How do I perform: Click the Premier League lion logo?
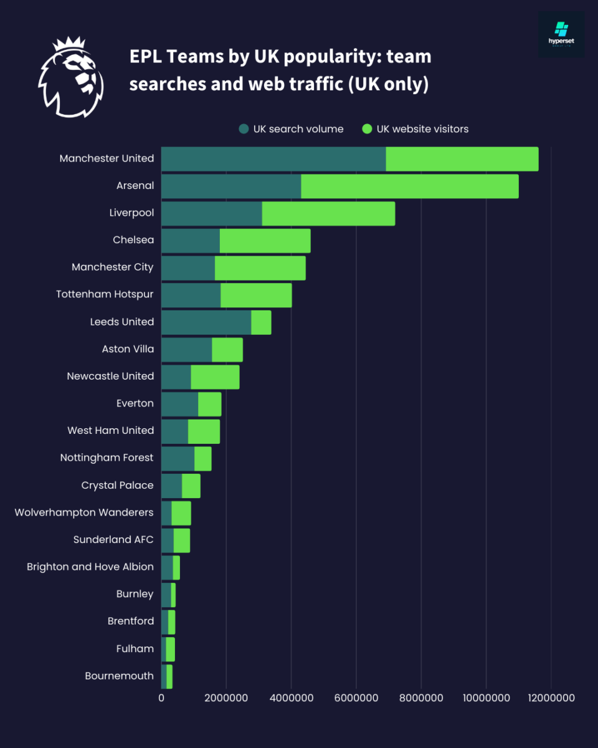[x=70, y=77]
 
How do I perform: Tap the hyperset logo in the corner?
[x=561, y=34]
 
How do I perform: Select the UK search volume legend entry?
[x=291, y=129]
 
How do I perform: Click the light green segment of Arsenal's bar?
[x=409, y=186]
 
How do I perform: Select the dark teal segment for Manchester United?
[x=273, y=159]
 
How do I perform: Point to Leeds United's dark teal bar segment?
[x=206, y=322]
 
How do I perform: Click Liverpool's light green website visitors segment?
[x=328, y=213]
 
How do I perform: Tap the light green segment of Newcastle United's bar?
[x=215, y=376]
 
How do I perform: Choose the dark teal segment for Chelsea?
[x=191, y=241]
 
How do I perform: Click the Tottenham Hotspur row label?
[x=105, y=294]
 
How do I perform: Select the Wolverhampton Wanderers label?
[x=84, y=512]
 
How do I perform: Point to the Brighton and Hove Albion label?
[x=90, y=567]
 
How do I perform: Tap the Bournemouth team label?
[x=119, y=676]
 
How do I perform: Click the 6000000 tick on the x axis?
[x=356, y=698]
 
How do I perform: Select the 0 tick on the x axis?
[x=161, y=698]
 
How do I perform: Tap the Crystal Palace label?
[x=117, y=485]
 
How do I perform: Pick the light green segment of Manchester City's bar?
[x=260, y=267]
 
